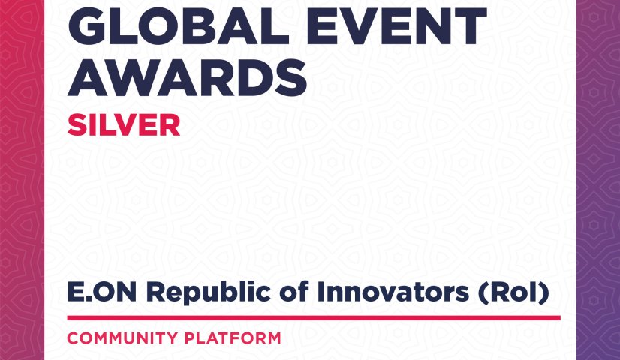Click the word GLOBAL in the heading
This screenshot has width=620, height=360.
179,27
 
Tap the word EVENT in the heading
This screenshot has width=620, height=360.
396,27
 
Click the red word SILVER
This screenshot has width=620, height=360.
124,125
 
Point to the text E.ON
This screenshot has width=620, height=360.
102,292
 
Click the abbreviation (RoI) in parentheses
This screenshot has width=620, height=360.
513,292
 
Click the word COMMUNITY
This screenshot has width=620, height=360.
122,338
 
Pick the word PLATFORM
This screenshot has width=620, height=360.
233,338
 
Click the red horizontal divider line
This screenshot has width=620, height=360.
314,318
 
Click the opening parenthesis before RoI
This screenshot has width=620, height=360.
483,293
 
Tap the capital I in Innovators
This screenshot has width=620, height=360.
321,292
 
